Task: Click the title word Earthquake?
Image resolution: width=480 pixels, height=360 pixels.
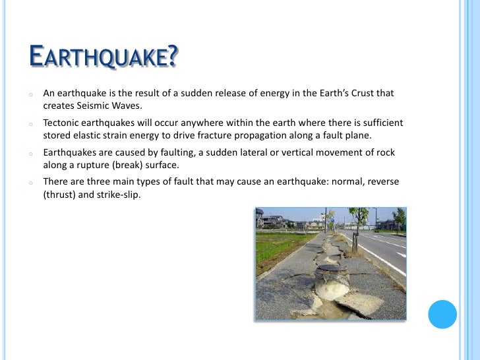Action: [104, 57]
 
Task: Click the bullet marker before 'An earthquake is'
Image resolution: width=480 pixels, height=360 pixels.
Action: [30, 94]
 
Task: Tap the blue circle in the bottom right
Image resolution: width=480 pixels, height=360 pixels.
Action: [442, 314]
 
